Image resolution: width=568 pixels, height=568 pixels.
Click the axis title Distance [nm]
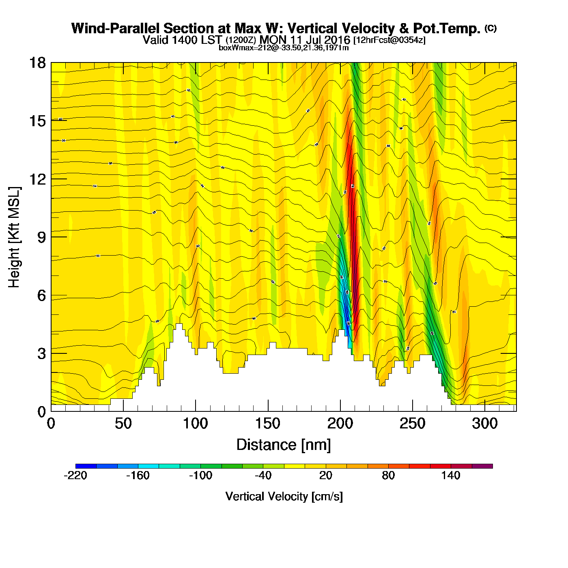(284, 445)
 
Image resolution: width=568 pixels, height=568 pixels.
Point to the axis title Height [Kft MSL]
(14, 237)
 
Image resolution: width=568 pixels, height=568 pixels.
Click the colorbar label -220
(75, 475)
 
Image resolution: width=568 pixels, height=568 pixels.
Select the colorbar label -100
(200, 475)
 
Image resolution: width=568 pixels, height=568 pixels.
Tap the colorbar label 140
(451, 475)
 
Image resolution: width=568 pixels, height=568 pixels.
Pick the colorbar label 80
(388, 475)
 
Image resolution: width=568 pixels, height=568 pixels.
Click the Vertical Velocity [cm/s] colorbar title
(284, 496)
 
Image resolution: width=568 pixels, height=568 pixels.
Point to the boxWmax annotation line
(284, 48)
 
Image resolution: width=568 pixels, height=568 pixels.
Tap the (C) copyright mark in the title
(491, 28)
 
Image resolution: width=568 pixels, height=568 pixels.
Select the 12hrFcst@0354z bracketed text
(389, 40)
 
